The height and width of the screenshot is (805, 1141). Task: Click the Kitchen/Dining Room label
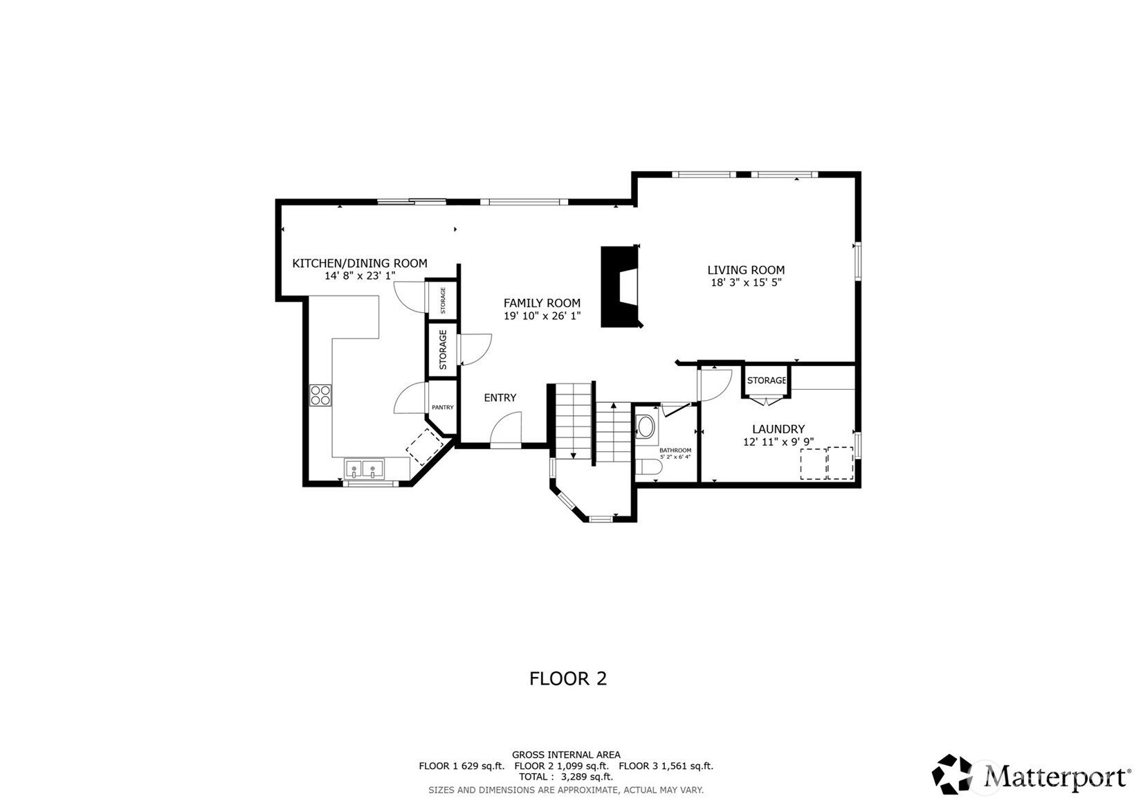pyautogui.click(x=359, y=263)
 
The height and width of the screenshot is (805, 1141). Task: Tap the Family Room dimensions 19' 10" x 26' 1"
pyautogui.click(x=542, y=316)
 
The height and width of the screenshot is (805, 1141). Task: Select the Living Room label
pyautogui.click(x=745, y=270)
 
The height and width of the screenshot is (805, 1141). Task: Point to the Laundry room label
pyautogui.click(x=778, y=429)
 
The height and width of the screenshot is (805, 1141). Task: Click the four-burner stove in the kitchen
pyautogui.click(x=320, y=395)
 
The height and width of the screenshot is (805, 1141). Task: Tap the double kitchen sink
pyautogui.click(x=364, y=469)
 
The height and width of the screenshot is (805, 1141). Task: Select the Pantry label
pyautogui.click(x=442, y=408)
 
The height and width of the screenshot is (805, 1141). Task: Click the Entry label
pyautogui.click(x=500, y=398)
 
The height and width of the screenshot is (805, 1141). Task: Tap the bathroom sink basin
pyautogui.click(x=646, y=426)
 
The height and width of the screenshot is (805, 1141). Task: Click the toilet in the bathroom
pyautogui.click(x=650, y=469)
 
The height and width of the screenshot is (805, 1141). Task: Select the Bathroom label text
pyautogui.click(x=675, y=451)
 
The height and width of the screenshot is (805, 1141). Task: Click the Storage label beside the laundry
pyautogui.click(x=766, y=381)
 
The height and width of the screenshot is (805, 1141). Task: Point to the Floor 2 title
pyautogui.click(x=567, y=678)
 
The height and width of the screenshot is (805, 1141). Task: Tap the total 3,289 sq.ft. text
pyautogui.click(x=565, y=777)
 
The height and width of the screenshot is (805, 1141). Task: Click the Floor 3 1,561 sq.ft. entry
pyautogui.click(x=665, y=766)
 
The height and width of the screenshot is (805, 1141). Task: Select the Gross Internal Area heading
pyautogui.click(x=565, y=754)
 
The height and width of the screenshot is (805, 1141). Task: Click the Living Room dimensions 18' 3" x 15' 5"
pyautogui.click(x=745, y=282)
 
